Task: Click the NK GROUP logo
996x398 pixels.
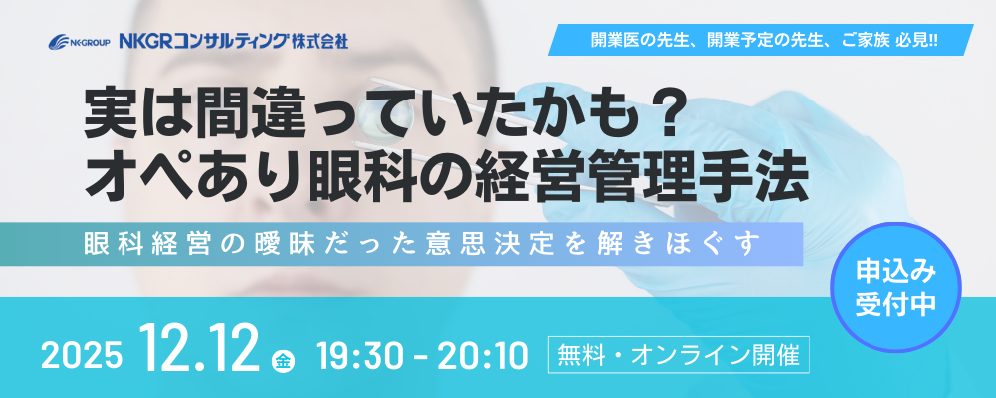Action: tap(80, 42)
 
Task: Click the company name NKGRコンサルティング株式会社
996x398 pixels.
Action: tap(233, 42)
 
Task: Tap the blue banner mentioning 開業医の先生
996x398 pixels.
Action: tap(760, 40)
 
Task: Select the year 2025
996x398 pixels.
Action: tap(82, 357)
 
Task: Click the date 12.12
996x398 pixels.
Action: tap(200, 348)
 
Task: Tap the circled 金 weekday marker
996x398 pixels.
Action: tap(282, 359)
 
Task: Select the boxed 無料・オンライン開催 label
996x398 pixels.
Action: tap(678, 354)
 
